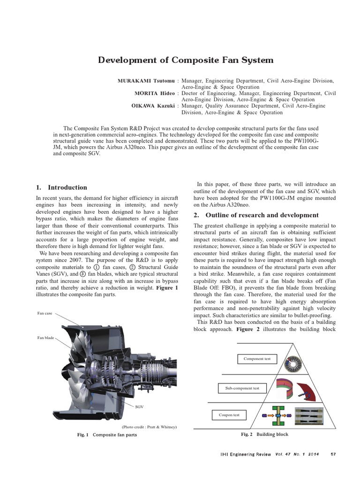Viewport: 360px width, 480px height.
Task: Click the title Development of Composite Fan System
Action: [185, 60]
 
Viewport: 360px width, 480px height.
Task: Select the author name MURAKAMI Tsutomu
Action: [147, 81]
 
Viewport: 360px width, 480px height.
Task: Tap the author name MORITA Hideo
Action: [155, 93]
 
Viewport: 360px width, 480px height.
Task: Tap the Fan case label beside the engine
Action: [45, 313]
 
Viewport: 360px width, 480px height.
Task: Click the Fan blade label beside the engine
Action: [45, 337]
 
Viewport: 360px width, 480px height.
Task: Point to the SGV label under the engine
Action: [139, 407]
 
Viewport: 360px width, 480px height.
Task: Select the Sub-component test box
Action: [242, 388]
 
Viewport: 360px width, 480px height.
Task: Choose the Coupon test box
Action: [229, 415]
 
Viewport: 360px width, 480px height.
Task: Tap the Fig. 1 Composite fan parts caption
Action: [107, 435]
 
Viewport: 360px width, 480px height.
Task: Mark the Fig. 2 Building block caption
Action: [264, 435]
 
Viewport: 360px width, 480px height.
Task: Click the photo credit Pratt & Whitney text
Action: [150, 427]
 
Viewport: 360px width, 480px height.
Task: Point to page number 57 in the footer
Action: [333, 454]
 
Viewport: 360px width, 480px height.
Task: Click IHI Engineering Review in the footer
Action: [246, 454]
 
